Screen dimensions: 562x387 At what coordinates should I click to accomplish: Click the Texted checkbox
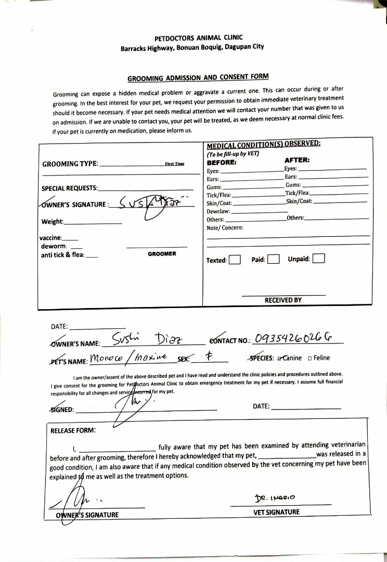pyautogui.click(x=235, y=260)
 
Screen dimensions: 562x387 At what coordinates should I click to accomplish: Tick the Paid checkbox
pyautogui.click(x=274, y=259)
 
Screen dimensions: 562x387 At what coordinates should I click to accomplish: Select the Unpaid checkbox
pyautogui.click(x=319, y=259)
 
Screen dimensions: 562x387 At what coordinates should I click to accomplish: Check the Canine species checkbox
pyautogui.click(x=281, y=358)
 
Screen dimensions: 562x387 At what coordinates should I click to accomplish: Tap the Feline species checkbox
pyautogui.click(x=310, y=358)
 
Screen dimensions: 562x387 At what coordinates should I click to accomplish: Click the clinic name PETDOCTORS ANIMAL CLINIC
pyautogui.click(x=198, y=38)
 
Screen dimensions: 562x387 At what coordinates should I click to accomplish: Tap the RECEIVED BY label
pyautogui.click(x=283, y=300)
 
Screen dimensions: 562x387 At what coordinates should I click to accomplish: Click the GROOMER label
pyautogui.click(x=162, y=254)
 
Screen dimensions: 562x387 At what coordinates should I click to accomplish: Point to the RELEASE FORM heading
pyautogui.click(x=73, y=430)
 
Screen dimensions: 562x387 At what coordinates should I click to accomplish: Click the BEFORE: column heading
pyautogui.click(x=222, y=162)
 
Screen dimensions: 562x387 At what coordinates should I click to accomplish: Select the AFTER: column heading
pyautogui.click(x=297, y=160)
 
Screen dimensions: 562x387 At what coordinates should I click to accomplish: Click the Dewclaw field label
pyautogui.click(x=218, y=212)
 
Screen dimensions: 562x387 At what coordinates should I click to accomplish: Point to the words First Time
pyautogui.click(x=174, y=164)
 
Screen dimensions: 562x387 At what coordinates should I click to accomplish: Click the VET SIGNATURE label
pyautogui.click(x=280, y=512)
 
